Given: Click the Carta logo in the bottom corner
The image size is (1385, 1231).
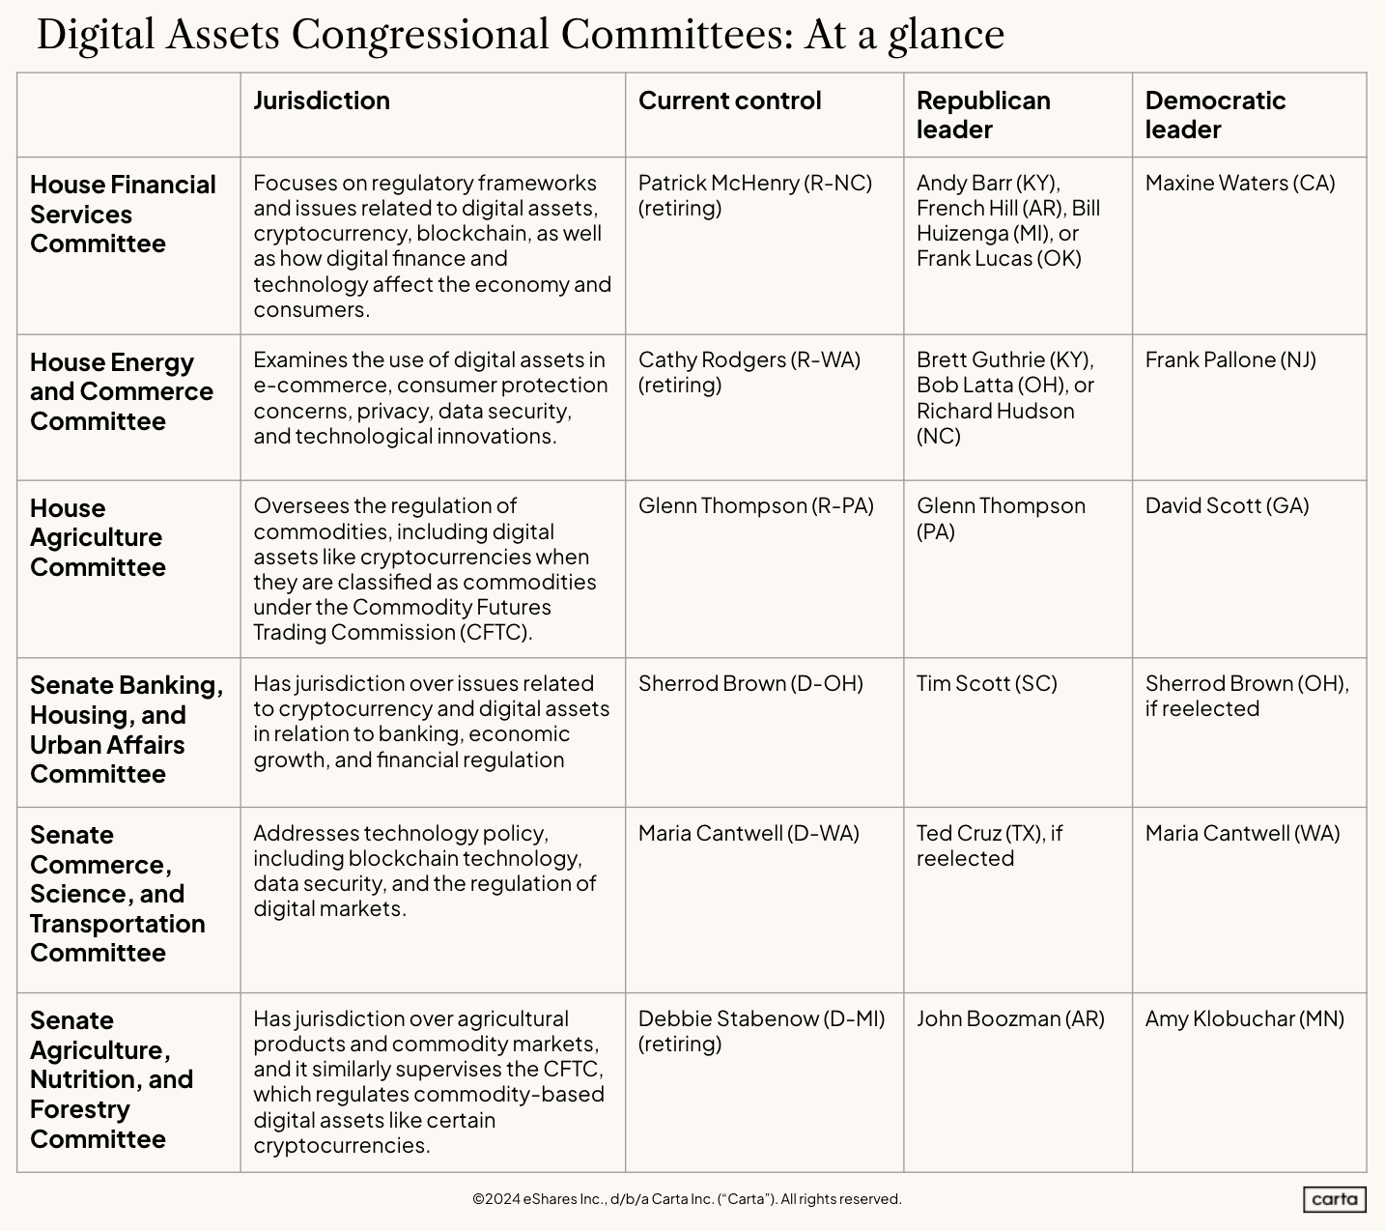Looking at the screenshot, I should click(x=1334, y=1199).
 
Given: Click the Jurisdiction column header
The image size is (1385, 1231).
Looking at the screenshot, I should click(x=322, y=100).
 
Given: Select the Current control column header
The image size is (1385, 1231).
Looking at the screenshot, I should click(x=729, y=100).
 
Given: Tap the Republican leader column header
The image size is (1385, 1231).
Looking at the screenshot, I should click(x=983, y=114).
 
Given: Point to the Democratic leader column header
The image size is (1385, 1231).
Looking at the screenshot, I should click(x=1215, y=114).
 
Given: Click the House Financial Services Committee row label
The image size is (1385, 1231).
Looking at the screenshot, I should click(x=123, y=214).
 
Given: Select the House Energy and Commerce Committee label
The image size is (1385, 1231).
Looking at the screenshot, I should click(x=122, y=391).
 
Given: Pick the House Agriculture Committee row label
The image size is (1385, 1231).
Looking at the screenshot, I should click(x=97, y=537).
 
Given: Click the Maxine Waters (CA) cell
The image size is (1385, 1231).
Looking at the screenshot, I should click(x=1239, y=183).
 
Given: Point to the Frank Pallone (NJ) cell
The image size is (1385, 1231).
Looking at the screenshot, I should click(x=1230, y=359).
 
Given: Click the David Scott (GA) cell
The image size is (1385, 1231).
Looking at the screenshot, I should click(x=1227, y=505).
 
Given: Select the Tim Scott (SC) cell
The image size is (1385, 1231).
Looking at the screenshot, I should click(x=986, y=683).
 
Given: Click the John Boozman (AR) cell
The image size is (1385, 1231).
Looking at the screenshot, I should click(x=1009, y=1018).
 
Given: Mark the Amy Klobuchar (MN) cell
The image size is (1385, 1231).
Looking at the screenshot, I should click(x=1244, y=1018).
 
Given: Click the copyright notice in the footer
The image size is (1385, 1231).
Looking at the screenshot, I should click(x=687, y=1199).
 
